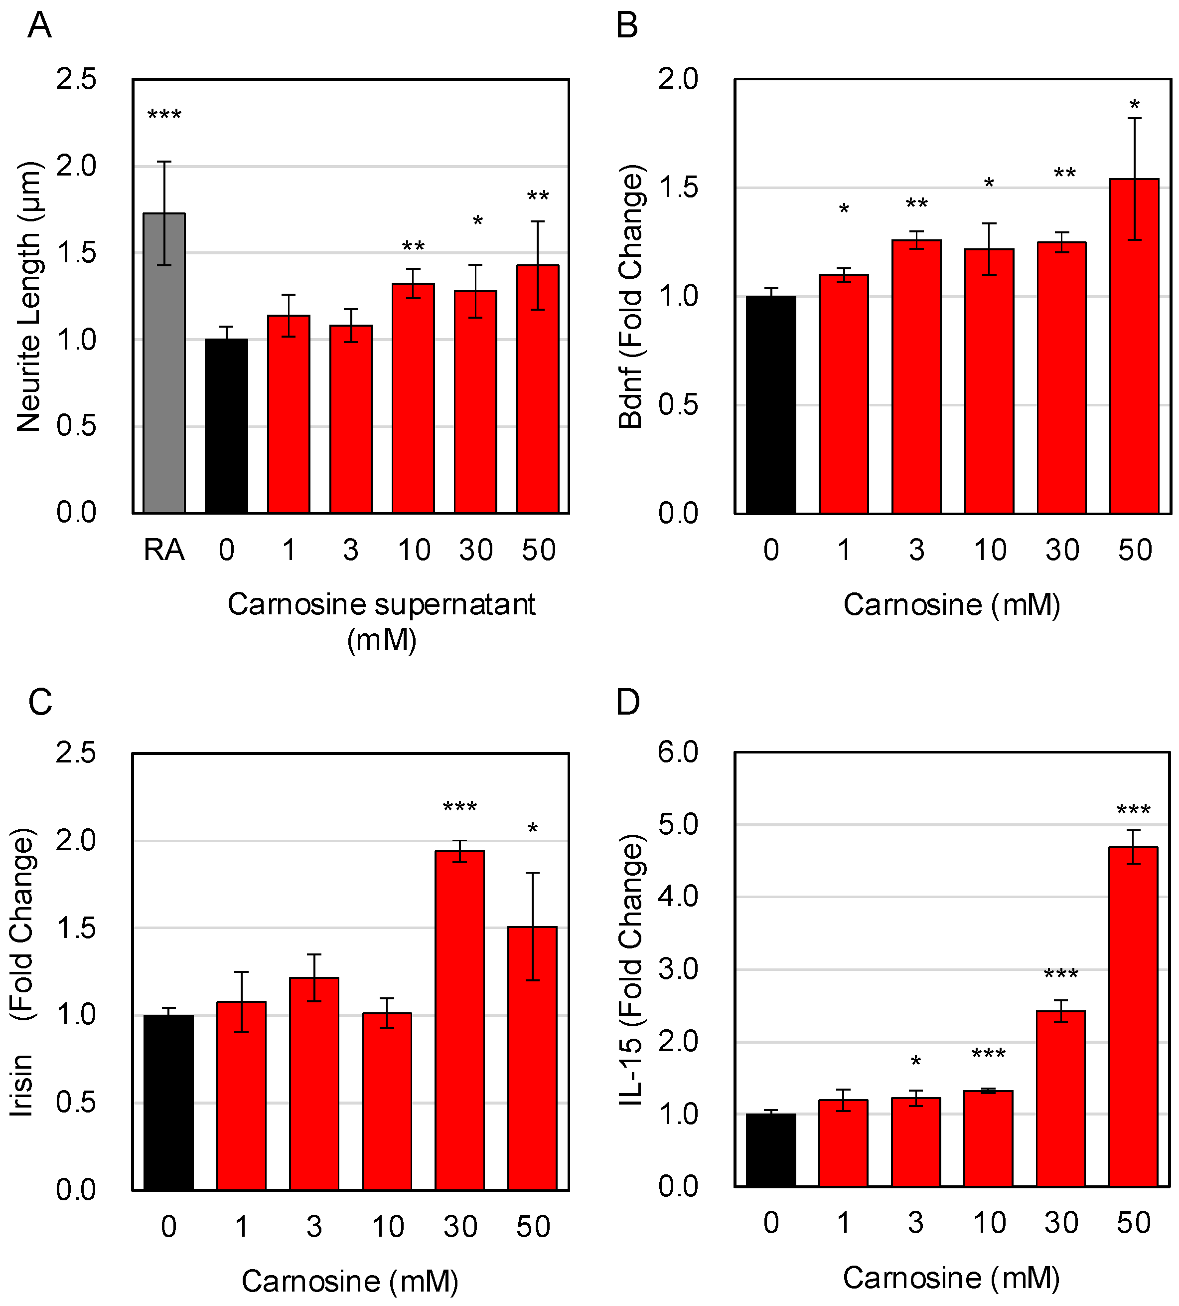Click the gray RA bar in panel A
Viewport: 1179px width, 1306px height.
click(x=164, y=363)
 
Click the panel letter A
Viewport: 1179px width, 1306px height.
click(x=39, y=26)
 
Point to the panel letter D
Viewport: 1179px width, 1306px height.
click(x=627, y=702)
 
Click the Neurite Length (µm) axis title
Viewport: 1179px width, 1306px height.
click(x=29, y=297)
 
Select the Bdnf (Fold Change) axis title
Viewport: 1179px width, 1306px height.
click(x=631, y=297)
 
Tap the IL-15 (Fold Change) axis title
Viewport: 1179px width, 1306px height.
click(x=631, y=970)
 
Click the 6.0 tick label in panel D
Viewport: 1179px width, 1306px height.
click(x=677, y=752)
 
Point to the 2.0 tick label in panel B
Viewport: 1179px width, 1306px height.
click(x=677, y=79)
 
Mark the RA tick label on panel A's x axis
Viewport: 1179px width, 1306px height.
click(x=164, y=550)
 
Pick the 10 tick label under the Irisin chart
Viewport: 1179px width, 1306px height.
click(x=387, y=1226)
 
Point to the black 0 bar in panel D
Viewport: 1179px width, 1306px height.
click(x=770, y=1150)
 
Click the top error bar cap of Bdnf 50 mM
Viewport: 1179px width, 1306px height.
click(x=1134, y=119)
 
